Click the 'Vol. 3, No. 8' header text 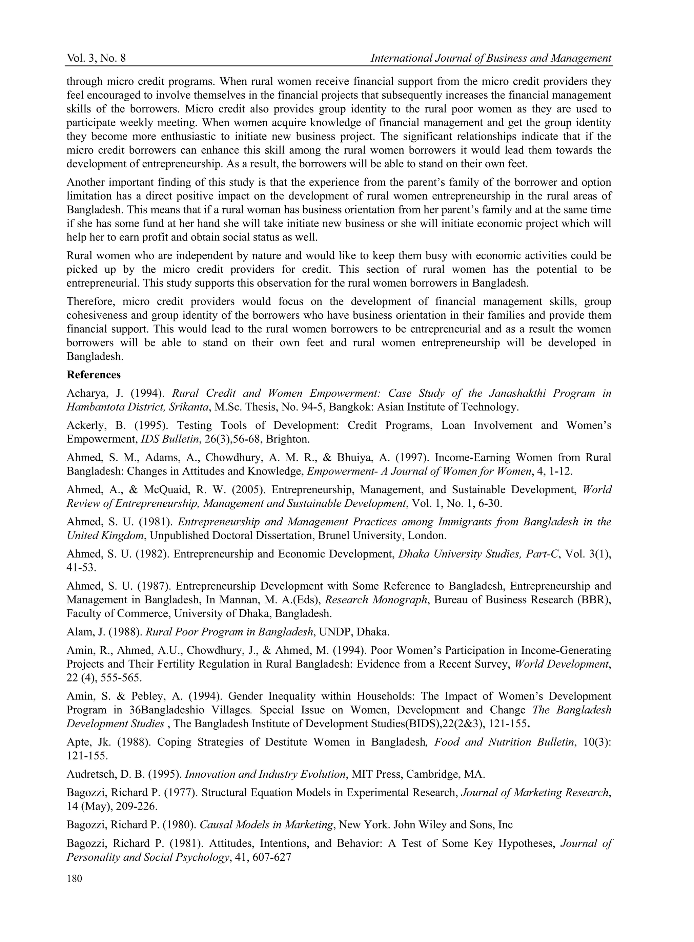[96, 58]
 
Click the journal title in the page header [491, 58]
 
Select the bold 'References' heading [94, 375]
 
